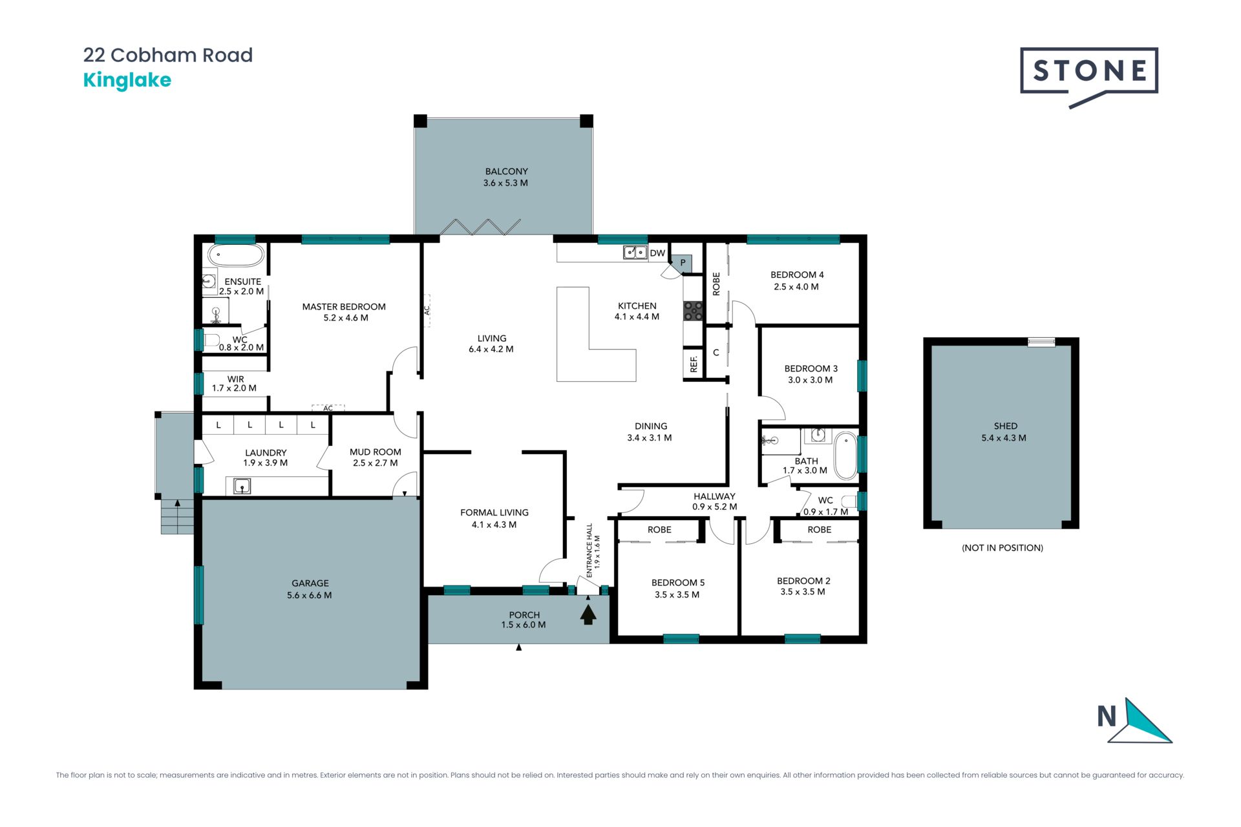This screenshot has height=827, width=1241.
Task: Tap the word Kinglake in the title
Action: [127, 81]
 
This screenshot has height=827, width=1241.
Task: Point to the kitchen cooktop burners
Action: [693, 311]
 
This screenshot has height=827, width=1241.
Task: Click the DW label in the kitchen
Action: [657, 253]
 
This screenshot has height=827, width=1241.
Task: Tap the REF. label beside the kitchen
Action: [694, 364]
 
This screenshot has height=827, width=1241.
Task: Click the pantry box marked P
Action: [683, 263]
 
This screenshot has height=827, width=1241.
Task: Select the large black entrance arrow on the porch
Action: [588, 614]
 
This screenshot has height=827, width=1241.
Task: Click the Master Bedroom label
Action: [344, 307]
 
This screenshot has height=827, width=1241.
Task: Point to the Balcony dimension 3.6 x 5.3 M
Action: [505, 183]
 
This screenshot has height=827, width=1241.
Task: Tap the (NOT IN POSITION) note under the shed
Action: [1002, 548]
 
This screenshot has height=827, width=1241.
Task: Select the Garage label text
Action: [310, 583]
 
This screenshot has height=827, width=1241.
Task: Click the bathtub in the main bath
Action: [845, 455]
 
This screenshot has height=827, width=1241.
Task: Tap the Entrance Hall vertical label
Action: [589, 550]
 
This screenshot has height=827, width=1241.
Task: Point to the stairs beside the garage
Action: [177, 517]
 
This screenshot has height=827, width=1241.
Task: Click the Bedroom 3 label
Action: [811, 369]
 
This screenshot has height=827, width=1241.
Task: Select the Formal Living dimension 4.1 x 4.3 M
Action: [494, 525]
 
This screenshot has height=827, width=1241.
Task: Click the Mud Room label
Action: [376, 452]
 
